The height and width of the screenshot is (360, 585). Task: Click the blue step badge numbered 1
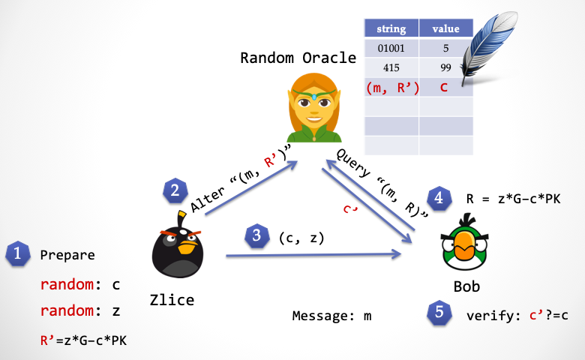pos(17,253)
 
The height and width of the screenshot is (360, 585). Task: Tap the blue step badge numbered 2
pos(175,190)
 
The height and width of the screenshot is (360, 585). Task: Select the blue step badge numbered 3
pos(256,235)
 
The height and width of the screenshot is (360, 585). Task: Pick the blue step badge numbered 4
pos(439,198)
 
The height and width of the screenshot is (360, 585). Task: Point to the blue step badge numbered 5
pos(439,312)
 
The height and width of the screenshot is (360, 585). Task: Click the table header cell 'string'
pos(391,28)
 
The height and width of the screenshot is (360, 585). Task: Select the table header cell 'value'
pos(445,28)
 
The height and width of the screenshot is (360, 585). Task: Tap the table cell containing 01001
pos(391,48)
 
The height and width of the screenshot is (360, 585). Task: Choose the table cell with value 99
pos(445,67)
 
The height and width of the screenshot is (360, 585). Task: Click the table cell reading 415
pos(391,67)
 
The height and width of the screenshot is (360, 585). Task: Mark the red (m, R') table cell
pos(391,87)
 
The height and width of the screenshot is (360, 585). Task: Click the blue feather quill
pos(487,46)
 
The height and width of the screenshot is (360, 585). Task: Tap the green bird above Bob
pos(464,241)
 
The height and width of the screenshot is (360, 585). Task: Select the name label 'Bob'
pos(466,286)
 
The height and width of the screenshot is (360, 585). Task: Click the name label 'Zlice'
pos(172,300)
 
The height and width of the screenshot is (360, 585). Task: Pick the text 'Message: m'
pos(331,316)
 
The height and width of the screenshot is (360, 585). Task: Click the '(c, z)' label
pos(301,238)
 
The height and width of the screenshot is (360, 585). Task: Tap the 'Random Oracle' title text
pos(298,58)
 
